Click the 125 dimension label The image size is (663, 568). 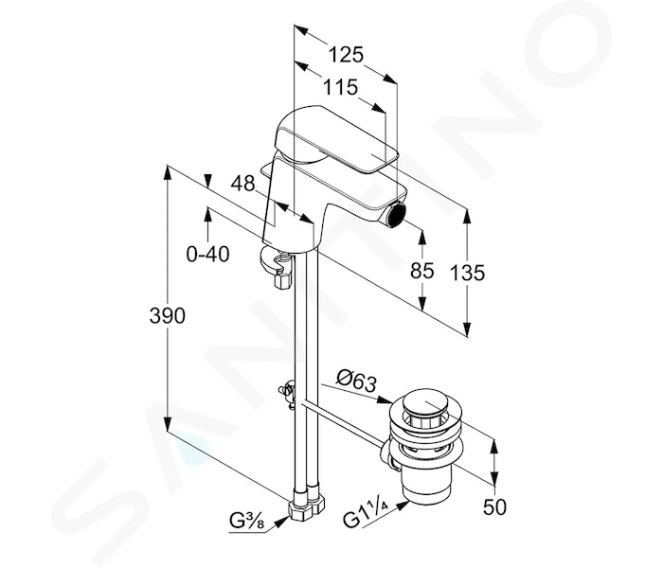point(346,55)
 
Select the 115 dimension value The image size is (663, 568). point(340,88)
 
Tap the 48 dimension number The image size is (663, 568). point(243,184)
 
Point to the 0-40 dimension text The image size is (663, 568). point(208,255)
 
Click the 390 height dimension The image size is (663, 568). point(168,315)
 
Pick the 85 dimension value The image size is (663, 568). point(422,271)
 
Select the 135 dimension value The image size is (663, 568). point(467,273)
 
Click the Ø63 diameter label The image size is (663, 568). point(356,381)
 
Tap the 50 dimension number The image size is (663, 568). point(494,507)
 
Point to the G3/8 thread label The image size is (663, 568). point(247,521)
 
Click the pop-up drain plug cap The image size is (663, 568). point(426,406)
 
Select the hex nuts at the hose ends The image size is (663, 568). point(308,505)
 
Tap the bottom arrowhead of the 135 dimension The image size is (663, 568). point(467,328)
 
